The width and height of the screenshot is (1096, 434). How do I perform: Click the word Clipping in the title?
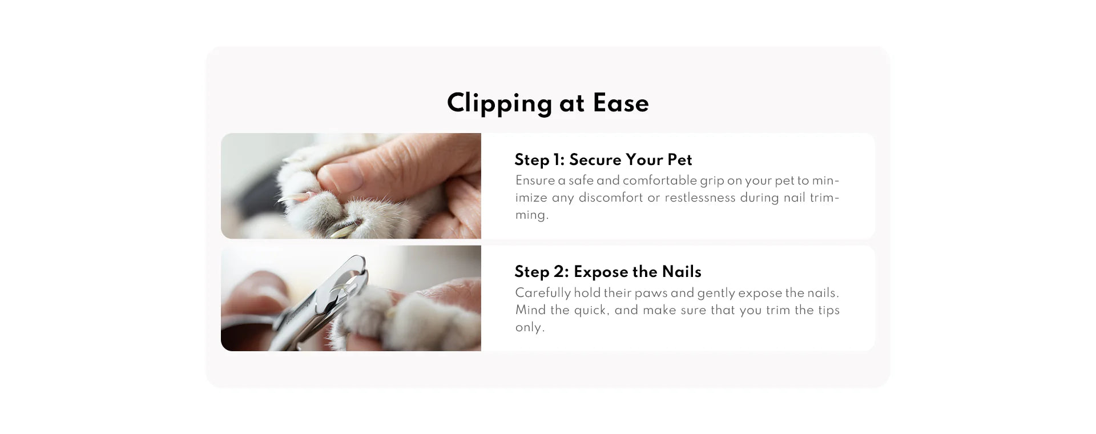pos(499,104)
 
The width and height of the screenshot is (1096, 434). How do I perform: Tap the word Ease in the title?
pos(620,103)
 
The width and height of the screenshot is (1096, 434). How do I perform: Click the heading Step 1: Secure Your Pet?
pos(603,159)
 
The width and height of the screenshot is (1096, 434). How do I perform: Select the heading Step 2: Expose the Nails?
pos(608,272)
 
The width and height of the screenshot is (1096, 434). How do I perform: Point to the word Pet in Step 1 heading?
pos(680,159)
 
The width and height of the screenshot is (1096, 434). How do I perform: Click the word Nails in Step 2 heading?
pos(682,272)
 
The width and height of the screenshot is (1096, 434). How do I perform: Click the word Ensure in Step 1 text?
pos(535,180)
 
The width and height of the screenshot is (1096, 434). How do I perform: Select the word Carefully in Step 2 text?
pos(543,293)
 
